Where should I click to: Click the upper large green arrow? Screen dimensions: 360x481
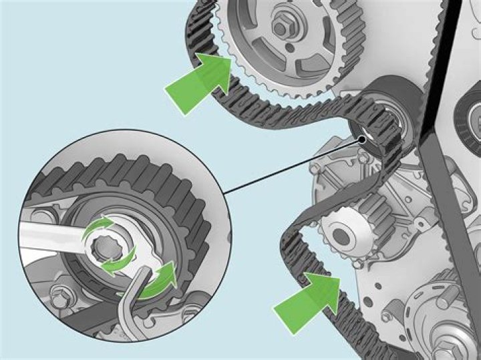pyautogui.click(x=197, y=82)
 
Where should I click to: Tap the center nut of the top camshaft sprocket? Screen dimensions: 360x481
pyautogui.click(x=280, y=27)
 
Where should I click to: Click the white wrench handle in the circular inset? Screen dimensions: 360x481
pyautogui.click(x=47, y=234)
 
